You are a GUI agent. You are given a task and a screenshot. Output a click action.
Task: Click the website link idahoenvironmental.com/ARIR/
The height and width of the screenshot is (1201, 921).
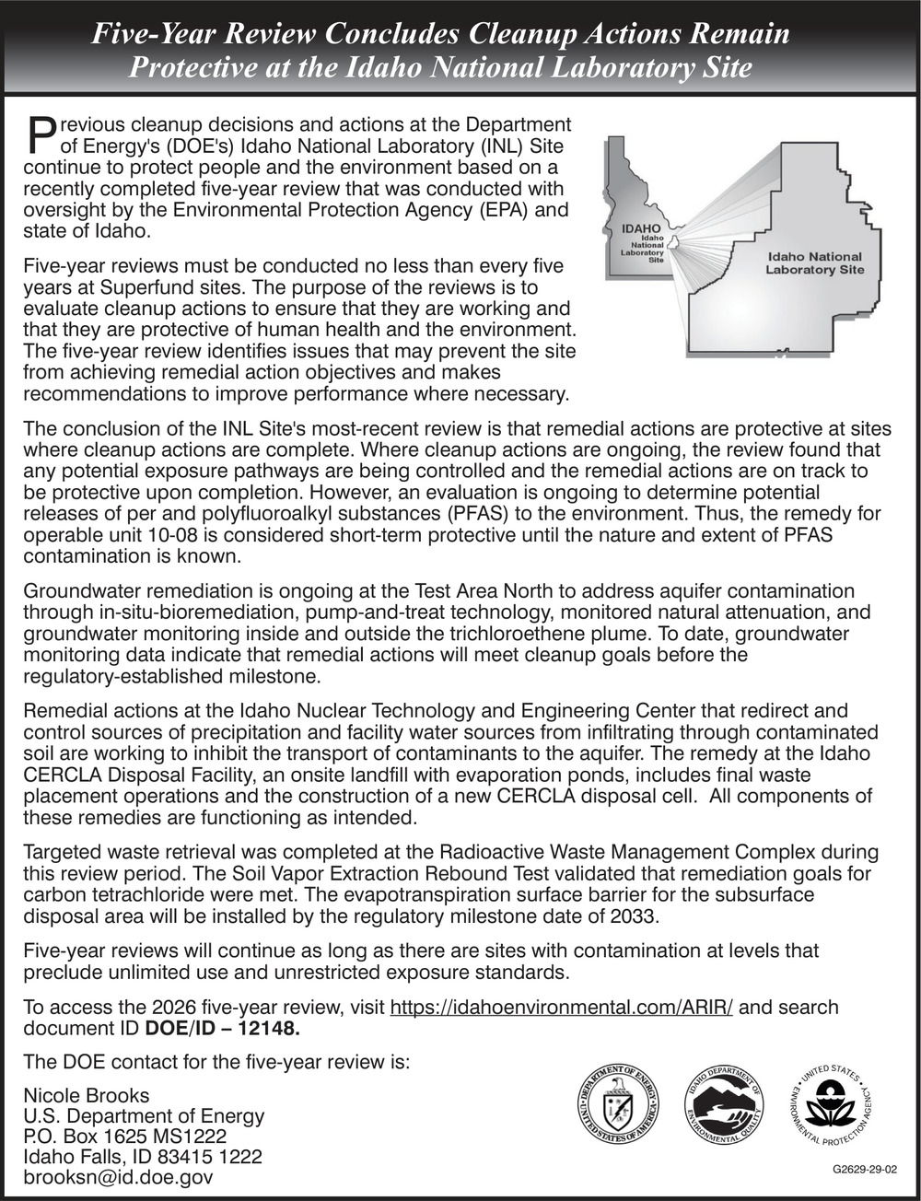[x=562, y=1007]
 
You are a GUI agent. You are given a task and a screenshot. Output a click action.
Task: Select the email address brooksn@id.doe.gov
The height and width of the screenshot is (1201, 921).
[x=118, y=1177]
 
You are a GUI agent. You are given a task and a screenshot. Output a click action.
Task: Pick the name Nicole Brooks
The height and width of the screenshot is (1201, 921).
[x=86, y=1096]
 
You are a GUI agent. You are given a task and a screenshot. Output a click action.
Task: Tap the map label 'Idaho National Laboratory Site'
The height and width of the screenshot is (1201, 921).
[x=814, y=263]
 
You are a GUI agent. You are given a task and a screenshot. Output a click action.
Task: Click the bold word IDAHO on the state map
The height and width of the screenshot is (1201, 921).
[x=641, y=228]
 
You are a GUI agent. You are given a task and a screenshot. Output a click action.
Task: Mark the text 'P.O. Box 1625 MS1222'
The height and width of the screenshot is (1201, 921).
[x=124, y=1137]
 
